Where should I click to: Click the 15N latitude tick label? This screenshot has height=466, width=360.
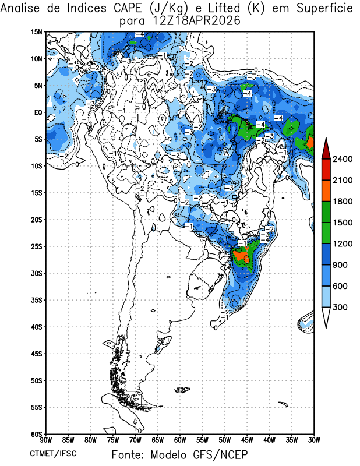(x=37, y=32)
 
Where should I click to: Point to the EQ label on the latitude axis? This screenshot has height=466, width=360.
(x=38, y=112)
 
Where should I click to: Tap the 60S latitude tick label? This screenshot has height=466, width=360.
(x=37, y=434)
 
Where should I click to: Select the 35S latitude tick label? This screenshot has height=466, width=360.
(x=37, y=300)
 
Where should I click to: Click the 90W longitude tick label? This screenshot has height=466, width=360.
(x=46, y=440)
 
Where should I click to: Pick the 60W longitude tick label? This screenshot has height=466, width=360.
(x=180, y=440)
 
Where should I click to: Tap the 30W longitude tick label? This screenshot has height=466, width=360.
(x=313, y=440)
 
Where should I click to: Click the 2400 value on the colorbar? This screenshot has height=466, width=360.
(x=343, y=159)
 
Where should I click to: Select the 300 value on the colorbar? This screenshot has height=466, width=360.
(x=340, y=307)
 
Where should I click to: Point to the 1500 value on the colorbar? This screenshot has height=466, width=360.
(x=343, y=223)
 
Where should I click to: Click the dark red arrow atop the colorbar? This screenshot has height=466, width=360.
(x=326, y=149)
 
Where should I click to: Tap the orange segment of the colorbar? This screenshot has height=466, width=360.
(x=326, y=191)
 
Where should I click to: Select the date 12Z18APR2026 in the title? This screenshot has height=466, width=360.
(x=196, y=21)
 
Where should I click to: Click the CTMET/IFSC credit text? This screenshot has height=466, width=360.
(x=53, y=454)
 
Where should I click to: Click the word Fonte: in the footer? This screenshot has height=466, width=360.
(x=129, y=455)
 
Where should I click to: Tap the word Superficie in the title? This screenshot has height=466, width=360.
(x=324, y=8)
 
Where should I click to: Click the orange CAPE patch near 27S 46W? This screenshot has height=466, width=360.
(x=241, y=256)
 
